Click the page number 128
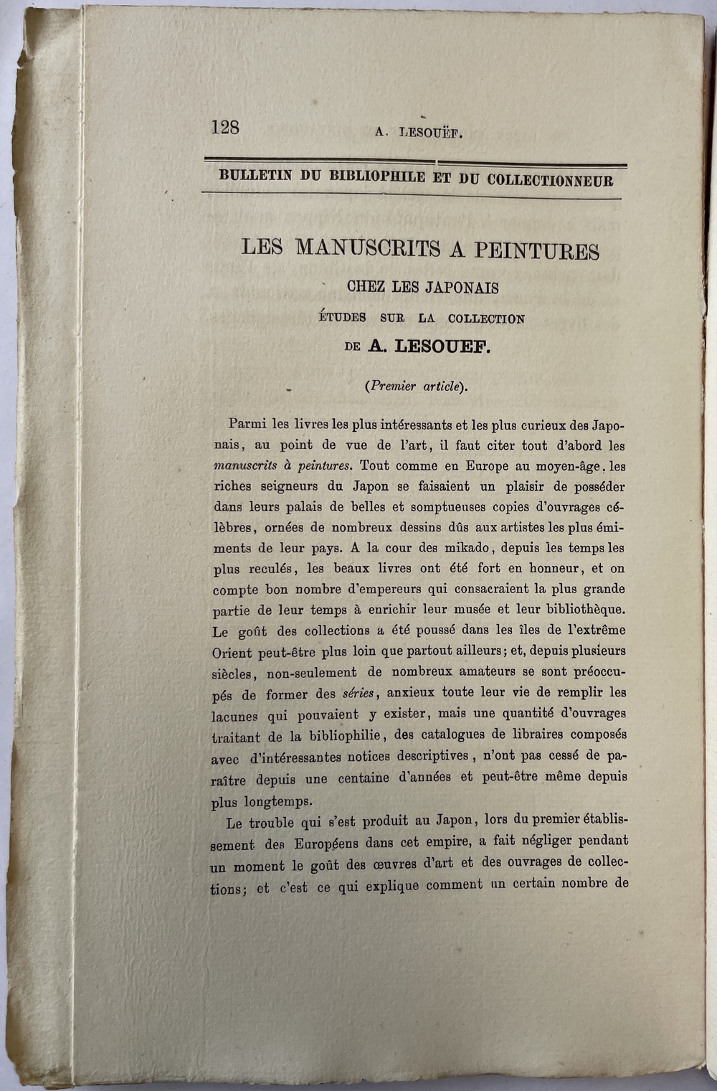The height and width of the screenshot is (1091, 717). tap(225, 127)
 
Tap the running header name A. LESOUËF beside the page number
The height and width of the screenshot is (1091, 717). tap(419, 132)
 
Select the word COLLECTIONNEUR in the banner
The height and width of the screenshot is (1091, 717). tap(550, 180)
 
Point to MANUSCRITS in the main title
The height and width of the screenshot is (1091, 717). tap(369, 248)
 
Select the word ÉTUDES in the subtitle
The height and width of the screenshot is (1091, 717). tap(342, 317)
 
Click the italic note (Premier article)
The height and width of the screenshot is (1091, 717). tap(416, 386)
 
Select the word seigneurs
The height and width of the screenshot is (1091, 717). tap(281, 486)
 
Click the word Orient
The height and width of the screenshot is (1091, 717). tap(232, 653)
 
